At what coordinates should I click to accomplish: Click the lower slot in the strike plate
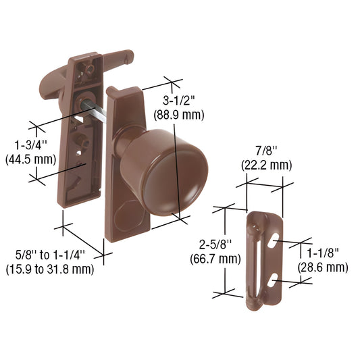coord(274,278)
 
